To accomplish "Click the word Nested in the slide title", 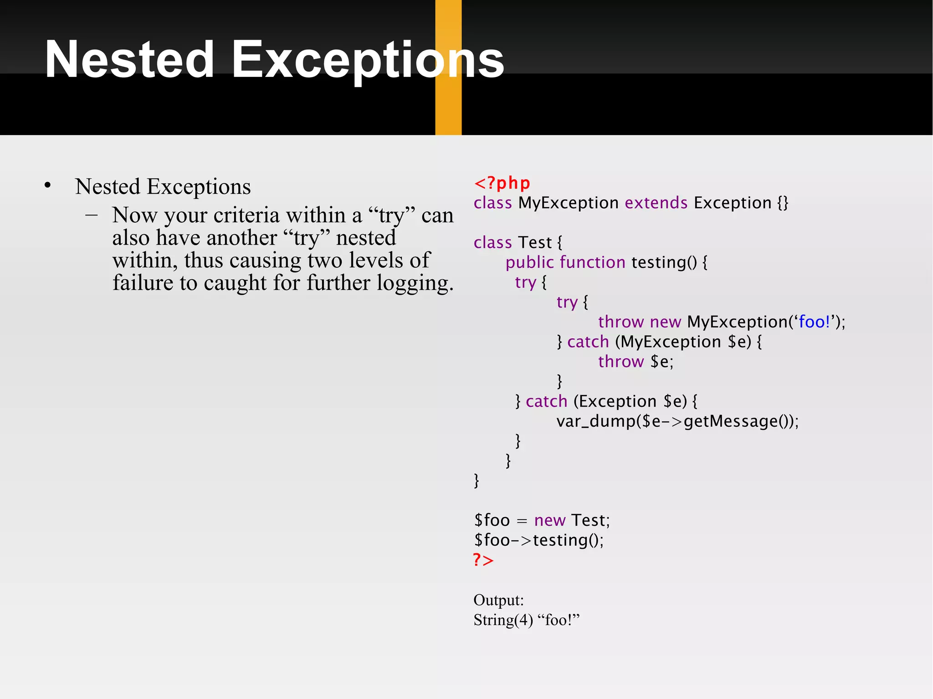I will (x=129, y=60).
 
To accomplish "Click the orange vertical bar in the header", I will (x=448, y=109).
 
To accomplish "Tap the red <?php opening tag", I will (x=502, y=183).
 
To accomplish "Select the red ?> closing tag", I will (x=483, y=560).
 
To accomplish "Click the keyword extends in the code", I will (x=656, y=203).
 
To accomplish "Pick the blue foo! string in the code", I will (x=814, y=322).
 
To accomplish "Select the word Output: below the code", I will (x=498, y=600).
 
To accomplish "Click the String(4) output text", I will (x=503, y=620).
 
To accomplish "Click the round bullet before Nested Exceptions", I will (x=48, y=186).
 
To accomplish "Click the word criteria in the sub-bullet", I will (x=246, y=215).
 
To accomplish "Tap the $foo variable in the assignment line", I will (x=492, y=520).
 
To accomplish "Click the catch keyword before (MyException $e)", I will (x=588, y=342).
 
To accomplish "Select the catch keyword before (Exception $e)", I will (x=546, y=402).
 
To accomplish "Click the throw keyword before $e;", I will (x=620, y=362).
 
